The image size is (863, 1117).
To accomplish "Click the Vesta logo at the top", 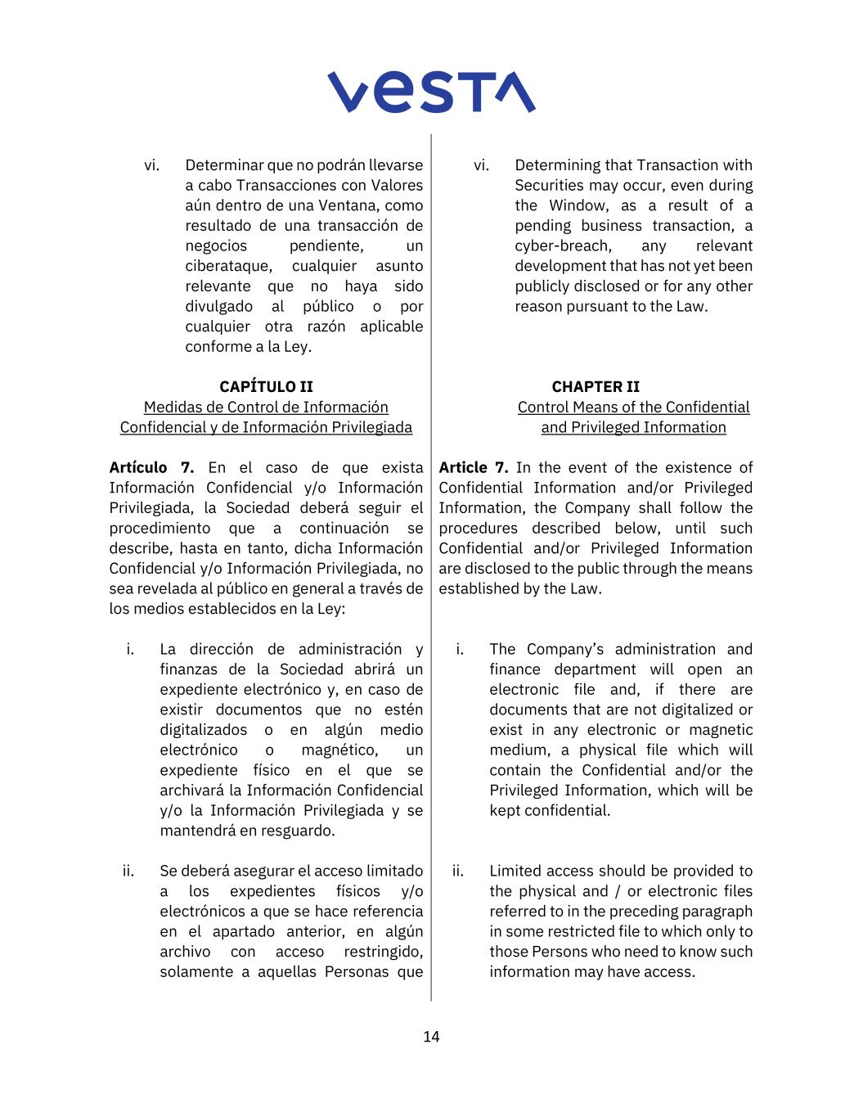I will pyautogui.click(x=431, y=92).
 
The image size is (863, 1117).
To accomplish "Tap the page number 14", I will pyautogui.click(x=431, y=1037).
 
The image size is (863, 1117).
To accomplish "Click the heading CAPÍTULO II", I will pyautogui.click(x=266, y=386).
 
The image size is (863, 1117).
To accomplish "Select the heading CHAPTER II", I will pyautogui.click(x=596, y=386).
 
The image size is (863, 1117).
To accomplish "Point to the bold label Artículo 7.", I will pyautogui.click(x=151, y=467).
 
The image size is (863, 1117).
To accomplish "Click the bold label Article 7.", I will pyautogui.click(x=473, y=467).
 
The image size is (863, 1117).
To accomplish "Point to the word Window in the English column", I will pyautogui.click(x=576, y=205).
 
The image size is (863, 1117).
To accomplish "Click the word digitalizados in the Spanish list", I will pyautogui.click(x=203, y=730).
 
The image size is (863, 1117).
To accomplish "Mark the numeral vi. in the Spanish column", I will pyautogui.click(x=151, y=165).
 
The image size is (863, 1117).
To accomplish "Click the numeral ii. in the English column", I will pyautogui.click(x=458, y=871).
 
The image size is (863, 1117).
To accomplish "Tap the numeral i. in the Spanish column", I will pyautogui.click(x=130, y=649).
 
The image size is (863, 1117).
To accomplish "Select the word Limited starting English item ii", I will pyautogui.click(x=515, y=871).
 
